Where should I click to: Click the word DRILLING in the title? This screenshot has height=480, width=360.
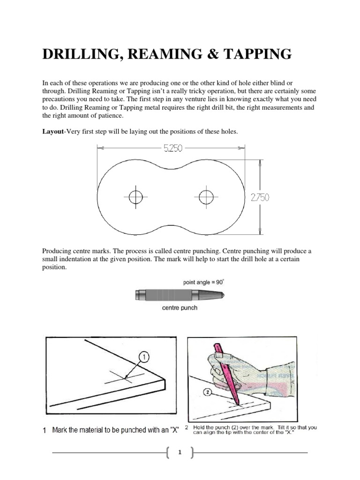point(81,55)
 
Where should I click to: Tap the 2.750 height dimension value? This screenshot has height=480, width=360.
point(260,198)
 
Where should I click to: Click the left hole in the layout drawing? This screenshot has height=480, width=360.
point(135,197)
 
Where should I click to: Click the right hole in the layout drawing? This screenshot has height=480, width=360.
point(205,197)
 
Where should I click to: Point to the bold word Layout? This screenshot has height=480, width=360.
point(52,132)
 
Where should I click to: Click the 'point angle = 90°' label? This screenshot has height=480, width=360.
point(204,283)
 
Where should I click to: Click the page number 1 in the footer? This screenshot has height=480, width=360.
point(180,453)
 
